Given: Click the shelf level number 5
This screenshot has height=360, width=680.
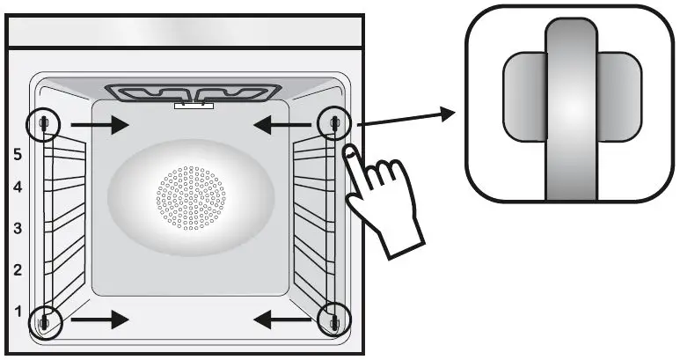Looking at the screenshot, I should (x=17, y=153).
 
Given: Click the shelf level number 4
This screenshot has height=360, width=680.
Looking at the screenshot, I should (x=17, y=187).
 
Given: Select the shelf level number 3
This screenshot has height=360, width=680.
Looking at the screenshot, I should (x=17, y=228).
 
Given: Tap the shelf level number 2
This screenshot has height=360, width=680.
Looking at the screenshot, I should (x=17, y=269).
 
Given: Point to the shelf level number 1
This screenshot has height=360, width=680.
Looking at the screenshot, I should (x=17, y=310).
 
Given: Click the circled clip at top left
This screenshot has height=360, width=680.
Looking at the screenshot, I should (x=42, y=124).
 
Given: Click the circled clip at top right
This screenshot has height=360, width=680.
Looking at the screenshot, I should (x=334, y=122).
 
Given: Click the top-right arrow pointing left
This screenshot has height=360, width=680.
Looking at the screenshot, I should (x=282, y=126).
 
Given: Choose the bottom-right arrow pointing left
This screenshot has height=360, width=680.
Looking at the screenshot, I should (x=282, y=320).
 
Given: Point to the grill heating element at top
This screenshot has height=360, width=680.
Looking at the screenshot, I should (x=194, y=92).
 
